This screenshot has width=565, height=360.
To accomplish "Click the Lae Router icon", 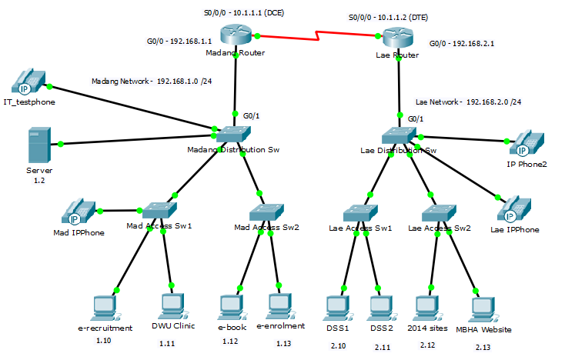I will coord(399,39).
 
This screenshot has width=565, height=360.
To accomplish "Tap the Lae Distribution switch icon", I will coord(399,135).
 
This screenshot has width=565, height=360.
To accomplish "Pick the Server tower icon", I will coord(38,144).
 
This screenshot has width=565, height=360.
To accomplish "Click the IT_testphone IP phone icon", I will coord(28,82).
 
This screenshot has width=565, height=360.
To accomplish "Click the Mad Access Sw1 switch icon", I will coord(159,210).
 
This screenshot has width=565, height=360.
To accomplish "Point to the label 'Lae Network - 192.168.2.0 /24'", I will coord(468,102).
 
